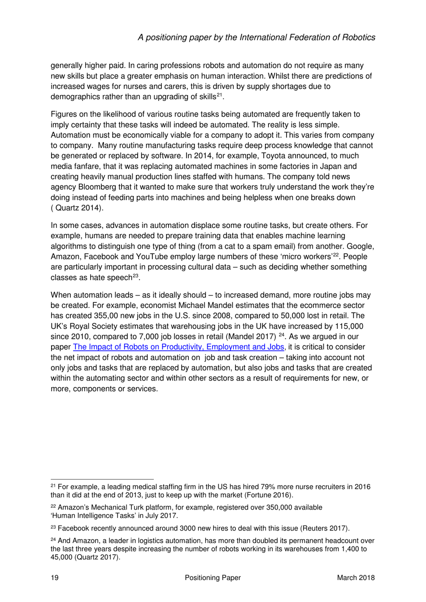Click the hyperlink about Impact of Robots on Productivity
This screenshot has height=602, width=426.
click(178, 347)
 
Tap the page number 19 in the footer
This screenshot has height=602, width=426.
click(55, 578)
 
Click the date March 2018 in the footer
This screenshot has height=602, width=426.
click(356, 578)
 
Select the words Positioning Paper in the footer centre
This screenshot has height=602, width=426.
click(213, 578)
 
